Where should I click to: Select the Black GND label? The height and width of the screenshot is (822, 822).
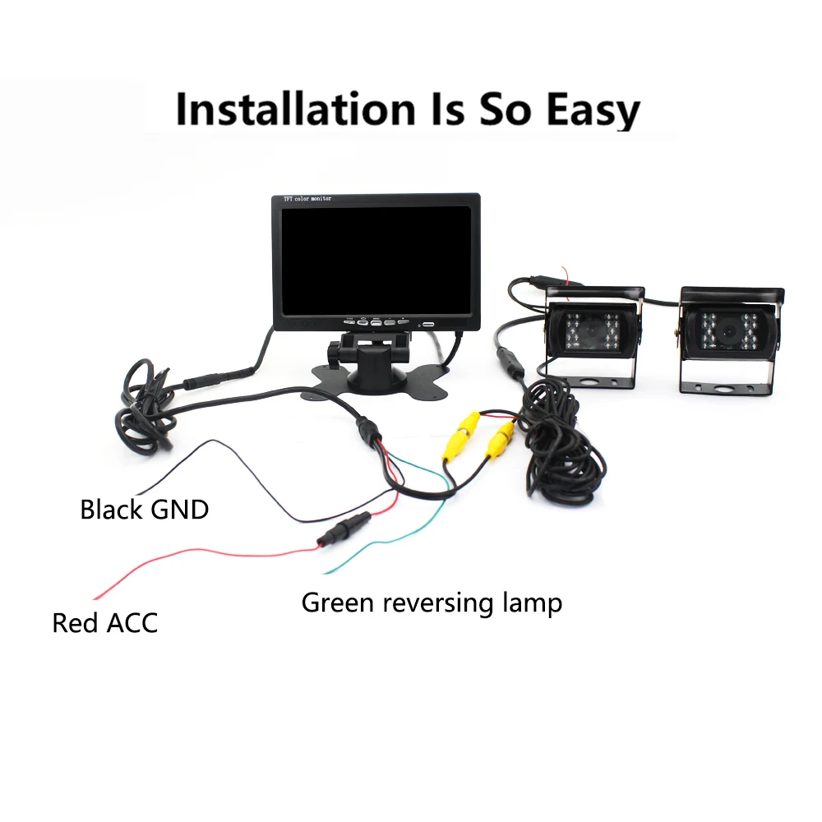pyautogui.click(x=144, y=510)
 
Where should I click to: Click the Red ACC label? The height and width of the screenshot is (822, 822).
pyautogui.click(x=104, y=622)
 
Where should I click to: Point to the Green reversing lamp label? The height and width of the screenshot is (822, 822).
pyautogui.click(x=432, y=603)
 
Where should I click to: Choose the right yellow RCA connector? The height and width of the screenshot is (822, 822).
pyautogui.click(x=500, y=439)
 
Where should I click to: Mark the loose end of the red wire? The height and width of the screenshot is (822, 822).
pyautogui.click(x=96, y=598)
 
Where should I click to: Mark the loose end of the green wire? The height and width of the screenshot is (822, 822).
pyautogui.click(x=326, y=571)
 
